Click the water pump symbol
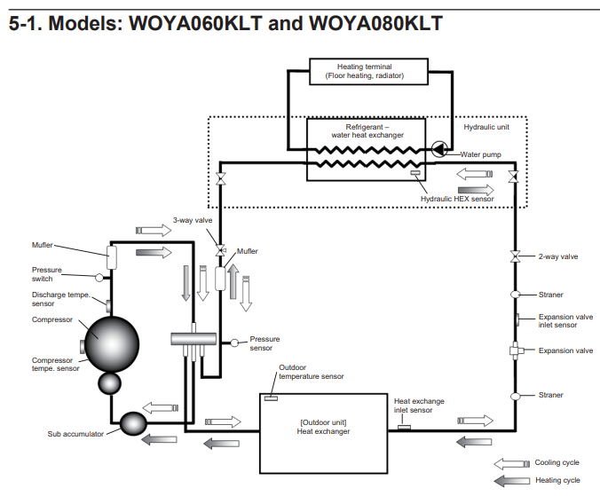tap(439, 149)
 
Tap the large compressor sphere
tap(112, 344)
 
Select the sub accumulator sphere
tap(133, 423)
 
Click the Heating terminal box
tap(368, 71)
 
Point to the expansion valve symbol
tap(516, 350)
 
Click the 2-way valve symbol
tap(516, 256)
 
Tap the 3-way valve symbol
tap(220, 250)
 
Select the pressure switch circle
tap(99, 278)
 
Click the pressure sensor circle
tap(234, 343)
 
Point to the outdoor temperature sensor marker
tap(271, 398)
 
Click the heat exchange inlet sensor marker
tap(404, 427)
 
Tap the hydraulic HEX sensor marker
tap(415, 173)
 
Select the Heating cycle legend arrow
tap(512, 481)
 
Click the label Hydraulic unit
tap(486, 127)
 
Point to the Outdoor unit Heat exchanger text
tap(323, 427)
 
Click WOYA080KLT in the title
tap(375, 23)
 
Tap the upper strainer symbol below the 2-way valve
tap(516, 295)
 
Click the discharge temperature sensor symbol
tap(108, 306)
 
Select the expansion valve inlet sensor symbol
tap(517, 319)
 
